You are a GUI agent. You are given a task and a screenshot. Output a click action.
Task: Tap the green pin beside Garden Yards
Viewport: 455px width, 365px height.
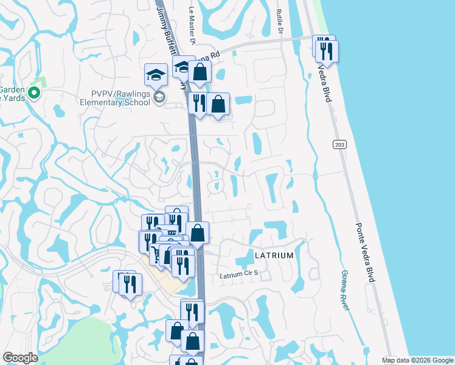tap(34, 93)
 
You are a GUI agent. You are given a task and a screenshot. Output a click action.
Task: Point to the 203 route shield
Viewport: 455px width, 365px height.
tap(339, 144)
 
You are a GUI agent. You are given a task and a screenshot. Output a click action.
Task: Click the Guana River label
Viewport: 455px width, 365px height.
tap(346, 291)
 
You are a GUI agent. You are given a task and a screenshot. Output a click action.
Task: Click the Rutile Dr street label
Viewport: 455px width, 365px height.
tap(280, 21)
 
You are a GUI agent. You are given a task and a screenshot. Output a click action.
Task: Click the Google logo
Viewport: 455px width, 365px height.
tap(21, 358)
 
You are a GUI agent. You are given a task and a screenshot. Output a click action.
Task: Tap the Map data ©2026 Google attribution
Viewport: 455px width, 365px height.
tap(417, 360)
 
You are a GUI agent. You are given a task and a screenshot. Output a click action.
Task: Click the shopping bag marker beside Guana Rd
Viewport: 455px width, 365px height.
tap(199, 73)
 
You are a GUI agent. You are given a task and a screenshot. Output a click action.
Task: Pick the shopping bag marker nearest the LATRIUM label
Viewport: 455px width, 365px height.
tap(197, 233)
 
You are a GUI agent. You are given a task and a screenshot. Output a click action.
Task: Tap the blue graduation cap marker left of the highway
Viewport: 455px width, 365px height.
tap(156, 76)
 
